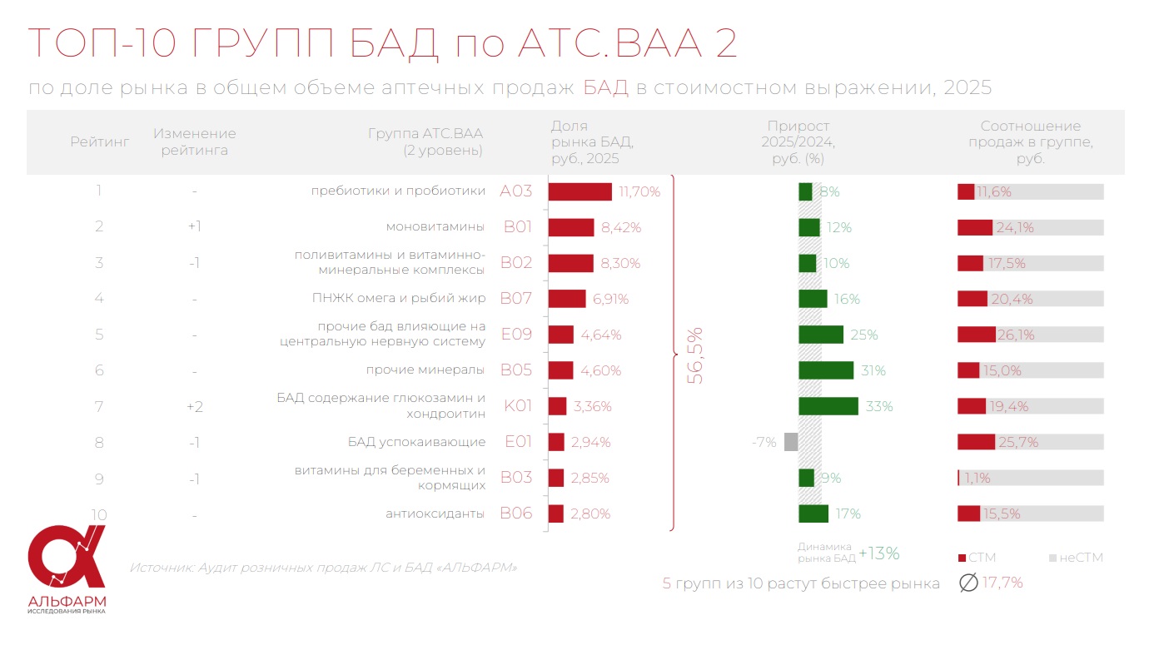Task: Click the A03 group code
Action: point(515,191)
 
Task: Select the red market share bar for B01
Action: point(571,227)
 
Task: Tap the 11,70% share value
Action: point(639,192)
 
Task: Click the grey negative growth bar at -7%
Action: point(791,442)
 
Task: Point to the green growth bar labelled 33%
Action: point(828,406)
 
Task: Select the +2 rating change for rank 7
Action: point(194,406)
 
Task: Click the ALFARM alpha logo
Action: point(67,558)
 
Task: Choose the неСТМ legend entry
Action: point(1076,558)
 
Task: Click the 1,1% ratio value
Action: point(977,479)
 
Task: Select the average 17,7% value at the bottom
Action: point(1002,583)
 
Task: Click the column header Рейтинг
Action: point(99,142)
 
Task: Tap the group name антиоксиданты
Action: point(435,514)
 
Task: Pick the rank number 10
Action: point(99,514)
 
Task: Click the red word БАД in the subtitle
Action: point(605,88)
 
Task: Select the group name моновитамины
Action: point(435,227)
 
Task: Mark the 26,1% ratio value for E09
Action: point(1016,335)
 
